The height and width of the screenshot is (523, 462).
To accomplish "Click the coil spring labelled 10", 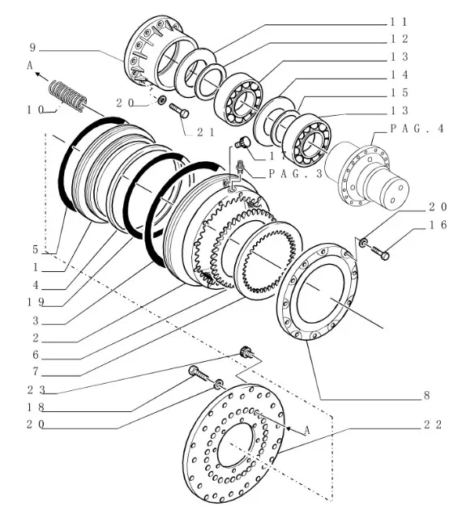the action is tap(68, 96).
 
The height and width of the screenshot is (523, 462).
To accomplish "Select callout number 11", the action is tap(399, 22).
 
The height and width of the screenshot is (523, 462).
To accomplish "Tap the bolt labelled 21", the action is tap(179, 111).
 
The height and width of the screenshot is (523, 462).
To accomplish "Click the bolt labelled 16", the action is tap(380, 253).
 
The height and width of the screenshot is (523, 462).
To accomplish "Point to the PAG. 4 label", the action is tap(417, 129).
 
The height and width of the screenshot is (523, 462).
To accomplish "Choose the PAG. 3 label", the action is tap(296, 173).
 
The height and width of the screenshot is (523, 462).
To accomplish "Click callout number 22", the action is tap(433, 424).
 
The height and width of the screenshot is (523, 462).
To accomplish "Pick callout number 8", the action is tap(426, 396).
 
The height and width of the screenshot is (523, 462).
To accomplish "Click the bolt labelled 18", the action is tap(199, 373).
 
